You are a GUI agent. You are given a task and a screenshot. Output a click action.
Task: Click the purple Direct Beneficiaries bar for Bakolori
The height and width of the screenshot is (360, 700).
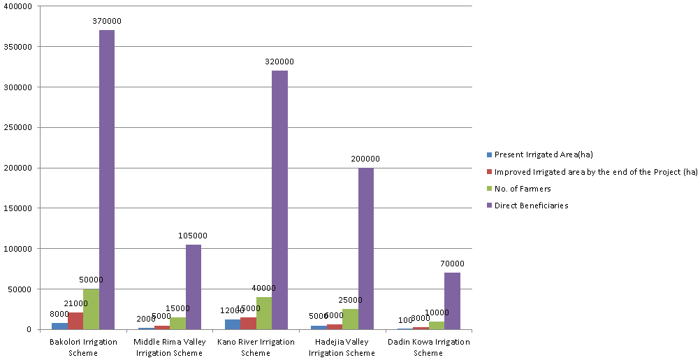[x=107, y=180]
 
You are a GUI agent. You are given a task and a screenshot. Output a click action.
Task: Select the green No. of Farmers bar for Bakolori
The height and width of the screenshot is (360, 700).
[x=91, y=309]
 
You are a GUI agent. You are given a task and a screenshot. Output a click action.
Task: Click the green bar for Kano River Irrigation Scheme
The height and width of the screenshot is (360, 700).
[x=263, y=313]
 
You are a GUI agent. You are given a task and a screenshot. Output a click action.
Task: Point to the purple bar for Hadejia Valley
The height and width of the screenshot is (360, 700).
[x=365, y=248]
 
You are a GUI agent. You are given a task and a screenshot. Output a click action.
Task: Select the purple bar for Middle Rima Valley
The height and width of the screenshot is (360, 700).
[x=194, y=287]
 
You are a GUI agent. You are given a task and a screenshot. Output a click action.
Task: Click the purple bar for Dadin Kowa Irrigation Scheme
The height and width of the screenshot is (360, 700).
[x=452, y=301]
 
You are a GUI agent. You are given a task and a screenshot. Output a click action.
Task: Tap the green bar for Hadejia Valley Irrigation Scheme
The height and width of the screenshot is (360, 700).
[x=350, y=319]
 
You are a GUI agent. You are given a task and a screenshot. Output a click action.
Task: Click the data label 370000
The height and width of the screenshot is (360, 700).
[x=107, y=22]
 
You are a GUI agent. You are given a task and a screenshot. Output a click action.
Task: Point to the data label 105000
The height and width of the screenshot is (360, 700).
[x=194, y=236]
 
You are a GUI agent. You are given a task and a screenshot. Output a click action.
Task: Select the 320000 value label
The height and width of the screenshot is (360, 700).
[x=279, y=62]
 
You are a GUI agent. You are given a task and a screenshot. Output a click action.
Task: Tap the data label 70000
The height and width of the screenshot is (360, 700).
[x=452, y=264]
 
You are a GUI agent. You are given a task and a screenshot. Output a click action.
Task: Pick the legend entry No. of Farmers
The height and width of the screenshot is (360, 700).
[x=523, y=189]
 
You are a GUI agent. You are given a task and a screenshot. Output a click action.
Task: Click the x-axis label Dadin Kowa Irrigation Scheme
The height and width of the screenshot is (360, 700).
[x=428, y=347]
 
